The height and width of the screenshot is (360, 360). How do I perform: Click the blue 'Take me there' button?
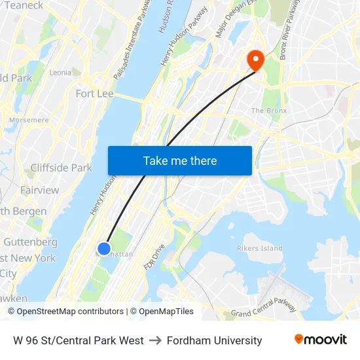180,160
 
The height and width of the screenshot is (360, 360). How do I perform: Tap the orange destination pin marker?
254,60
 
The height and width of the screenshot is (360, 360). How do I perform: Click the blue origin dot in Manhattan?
104,249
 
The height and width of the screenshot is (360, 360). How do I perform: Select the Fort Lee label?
94,94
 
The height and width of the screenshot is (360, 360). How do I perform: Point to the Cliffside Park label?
61,168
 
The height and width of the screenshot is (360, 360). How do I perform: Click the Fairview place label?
39,190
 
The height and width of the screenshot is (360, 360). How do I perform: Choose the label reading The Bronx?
269,111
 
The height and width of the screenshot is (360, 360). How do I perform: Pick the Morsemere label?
29,120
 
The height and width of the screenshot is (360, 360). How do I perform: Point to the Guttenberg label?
30,242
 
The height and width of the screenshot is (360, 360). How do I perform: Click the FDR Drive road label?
155,257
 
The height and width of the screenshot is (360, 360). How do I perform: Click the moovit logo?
321,339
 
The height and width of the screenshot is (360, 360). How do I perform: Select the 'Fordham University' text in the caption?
214,340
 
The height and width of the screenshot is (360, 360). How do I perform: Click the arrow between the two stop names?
155,340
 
